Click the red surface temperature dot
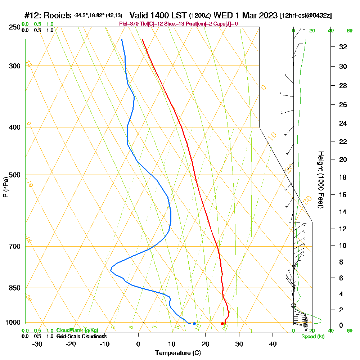click(x=222, y=324)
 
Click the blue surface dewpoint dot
click(x=194, y=324)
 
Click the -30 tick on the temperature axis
click(x=37, y=344)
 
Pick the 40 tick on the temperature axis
click(x=273, y=344)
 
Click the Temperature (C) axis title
click(x=178, y=353)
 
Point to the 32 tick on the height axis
click(x=343, y=47)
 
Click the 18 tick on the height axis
click(x=343, y=177)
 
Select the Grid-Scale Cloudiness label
click(x=81, y=336)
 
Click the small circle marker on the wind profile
click(x=293, y=305)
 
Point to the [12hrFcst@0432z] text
click(x=306, y=16)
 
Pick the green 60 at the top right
click(x=349, y=31)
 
